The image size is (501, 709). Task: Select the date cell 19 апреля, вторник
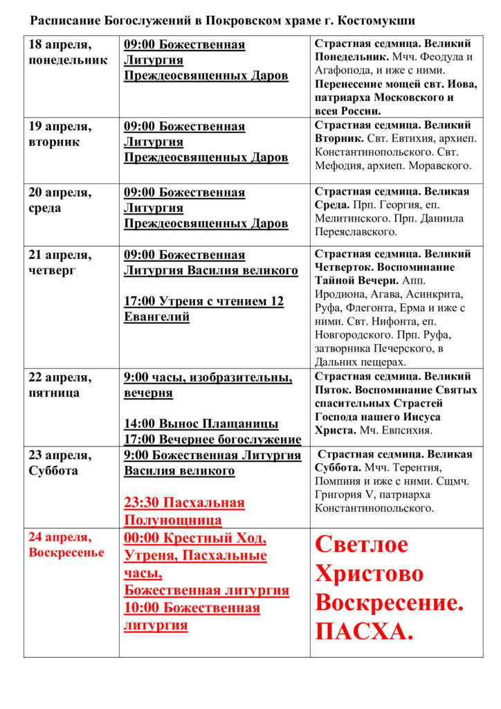tap(60, 134)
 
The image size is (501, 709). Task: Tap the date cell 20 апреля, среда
tap(60, 200)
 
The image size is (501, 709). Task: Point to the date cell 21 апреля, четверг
tap(60, 262)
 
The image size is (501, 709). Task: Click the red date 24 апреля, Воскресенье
tap(66, 544)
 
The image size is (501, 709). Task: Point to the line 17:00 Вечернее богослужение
tap(212, 440)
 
